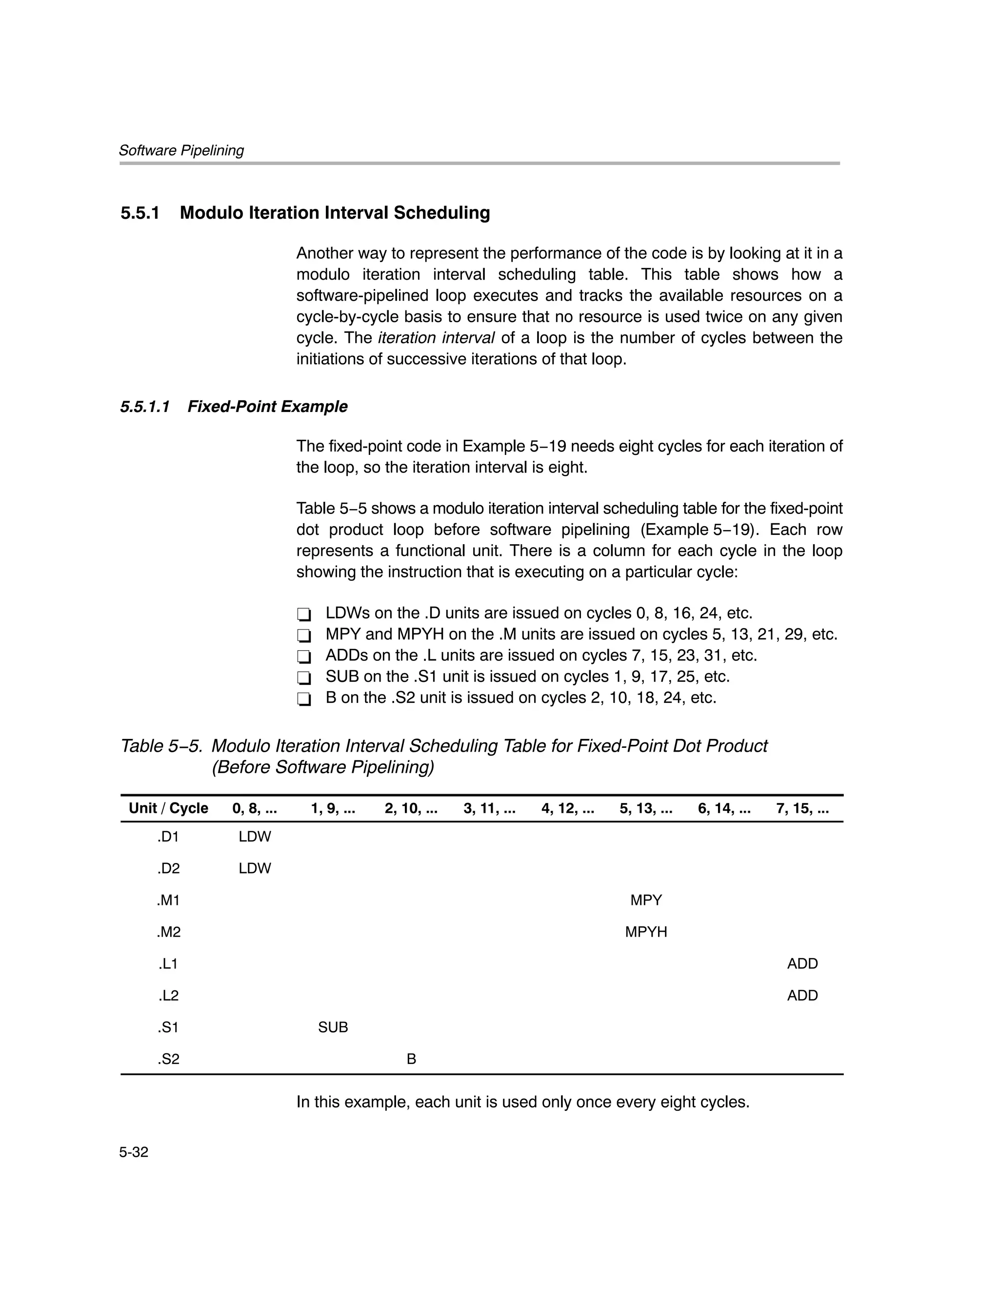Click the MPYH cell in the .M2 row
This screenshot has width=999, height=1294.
pos(645,932)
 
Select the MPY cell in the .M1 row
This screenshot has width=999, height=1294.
pos(645,900)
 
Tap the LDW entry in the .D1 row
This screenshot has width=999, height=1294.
pos(255,837)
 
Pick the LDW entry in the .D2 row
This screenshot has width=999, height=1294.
pos(255,868)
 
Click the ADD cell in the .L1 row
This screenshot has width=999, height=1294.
pos(802,964)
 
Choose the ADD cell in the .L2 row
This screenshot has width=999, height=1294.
pos(802,995)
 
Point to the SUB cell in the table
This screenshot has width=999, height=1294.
pos(333,1027)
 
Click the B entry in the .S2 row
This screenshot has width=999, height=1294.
pos(411,1059)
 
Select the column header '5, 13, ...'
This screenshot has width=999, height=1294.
pos(645,809)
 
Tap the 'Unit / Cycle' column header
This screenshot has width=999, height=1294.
pos(168,809)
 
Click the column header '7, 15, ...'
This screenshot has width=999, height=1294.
pos(802,809)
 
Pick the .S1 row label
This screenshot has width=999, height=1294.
pos(168,1027)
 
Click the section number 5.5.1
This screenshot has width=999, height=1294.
pos(140,213)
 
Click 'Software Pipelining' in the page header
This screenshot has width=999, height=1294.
pos(181,150)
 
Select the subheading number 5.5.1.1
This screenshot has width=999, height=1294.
pos(145,407)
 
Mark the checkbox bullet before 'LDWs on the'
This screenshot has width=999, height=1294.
pos(304,614)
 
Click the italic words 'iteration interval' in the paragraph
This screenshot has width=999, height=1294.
pos(436,338)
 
